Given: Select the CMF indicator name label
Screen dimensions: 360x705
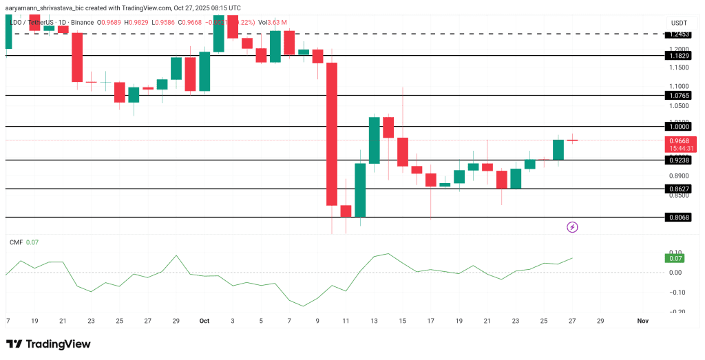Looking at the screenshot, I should click(15, 242).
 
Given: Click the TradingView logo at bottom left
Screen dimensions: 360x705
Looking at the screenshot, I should click(48, 344).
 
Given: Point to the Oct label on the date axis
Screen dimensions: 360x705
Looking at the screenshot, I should click(204, 321).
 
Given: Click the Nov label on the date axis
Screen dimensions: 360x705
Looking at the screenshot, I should click(642, 321).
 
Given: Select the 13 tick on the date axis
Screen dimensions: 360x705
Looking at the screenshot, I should click(374, 321).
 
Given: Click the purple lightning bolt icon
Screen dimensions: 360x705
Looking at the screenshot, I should click(571, 226).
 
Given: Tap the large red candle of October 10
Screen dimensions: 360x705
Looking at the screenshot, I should click(332, 134).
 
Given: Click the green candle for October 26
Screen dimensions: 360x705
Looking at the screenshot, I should click(558, 149).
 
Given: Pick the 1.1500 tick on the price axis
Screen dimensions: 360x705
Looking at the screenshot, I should click(677, 67).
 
